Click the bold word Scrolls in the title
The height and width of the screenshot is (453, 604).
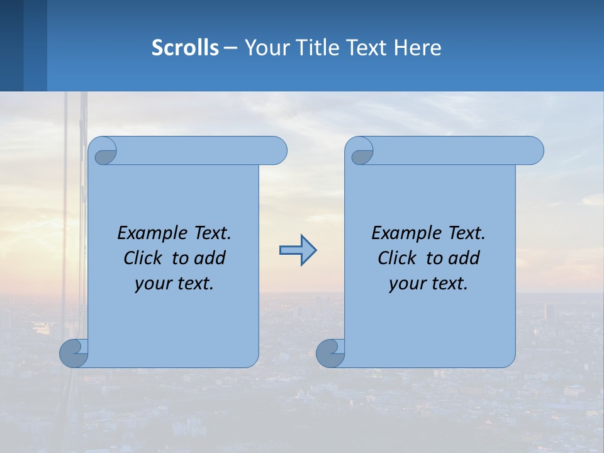[185, 48]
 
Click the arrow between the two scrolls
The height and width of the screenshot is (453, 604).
[298, 250]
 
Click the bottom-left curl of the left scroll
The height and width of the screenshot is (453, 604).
[74, 353]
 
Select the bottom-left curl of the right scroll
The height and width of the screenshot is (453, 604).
[330, 353]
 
